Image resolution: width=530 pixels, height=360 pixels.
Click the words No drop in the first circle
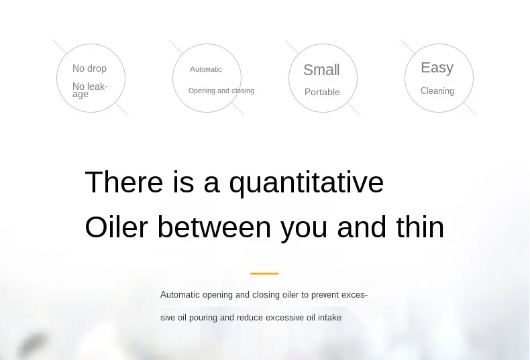(90, 68)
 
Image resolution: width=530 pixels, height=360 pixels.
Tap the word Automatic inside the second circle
(206, 69)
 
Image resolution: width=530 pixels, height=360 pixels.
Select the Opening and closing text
(221, 91)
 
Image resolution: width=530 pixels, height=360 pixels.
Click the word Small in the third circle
(321, 70)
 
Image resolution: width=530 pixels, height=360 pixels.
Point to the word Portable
(322, 93)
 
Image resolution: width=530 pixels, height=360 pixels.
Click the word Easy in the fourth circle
(437, 68)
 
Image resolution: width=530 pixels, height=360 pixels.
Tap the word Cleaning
(437, 91)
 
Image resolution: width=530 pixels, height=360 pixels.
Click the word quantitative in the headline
(306, 183)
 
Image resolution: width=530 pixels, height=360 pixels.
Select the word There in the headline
(124, 182)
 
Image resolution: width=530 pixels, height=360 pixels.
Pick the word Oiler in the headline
(116, 227)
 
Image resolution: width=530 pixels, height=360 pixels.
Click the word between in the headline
(214, 227)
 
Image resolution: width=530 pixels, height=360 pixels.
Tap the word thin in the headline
(420, 227)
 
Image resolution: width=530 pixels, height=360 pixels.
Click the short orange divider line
(264, 274)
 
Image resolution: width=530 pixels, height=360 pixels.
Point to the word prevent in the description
(325, 295)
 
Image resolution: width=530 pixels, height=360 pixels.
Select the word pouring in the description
(203, 318)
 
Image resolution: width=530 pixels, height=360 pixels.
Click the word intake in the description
(329, 318)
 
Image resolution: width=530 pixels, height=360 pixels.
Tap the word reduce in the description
(250, 318)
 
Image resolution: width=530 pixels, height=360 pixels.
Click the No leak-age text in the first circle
(90, 91)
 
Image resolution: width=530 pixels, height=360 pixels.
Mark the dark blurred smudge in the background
(32, 344)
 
